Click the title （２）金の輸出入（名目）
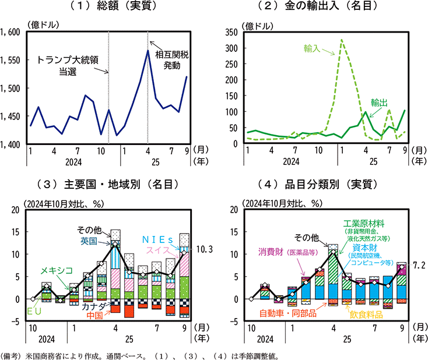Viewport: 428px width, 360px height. [324, 8]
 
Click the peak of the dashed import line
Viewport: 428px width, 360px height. [342, 40]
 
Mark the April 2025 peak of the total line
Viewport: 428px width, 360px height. [148, 51]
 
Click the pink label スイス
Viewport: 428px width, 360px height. [156, 250]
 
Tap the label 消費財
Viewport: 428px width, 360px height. [279, 252]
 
